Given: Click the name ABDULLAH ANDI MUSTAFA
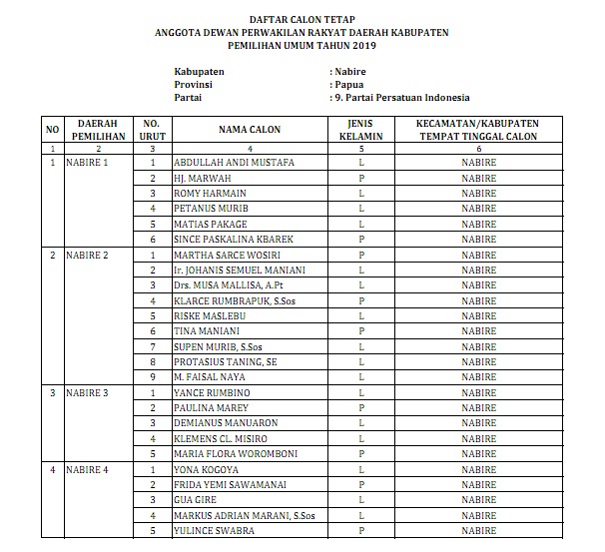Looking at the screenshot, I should [233, 162].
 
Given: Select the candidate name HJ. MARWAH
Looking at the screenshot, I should [198, 178].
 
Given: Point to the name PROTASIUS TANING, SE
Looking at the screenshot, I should [225, 361].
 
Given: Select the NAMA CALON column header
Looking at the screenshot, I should [250, 130].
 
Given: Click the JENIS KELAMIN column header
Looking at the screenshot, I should [359, 130].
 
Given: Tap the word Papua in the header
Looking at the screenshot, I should [349, 85].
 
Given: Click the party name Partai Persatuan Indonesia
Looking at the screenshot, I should [408, 98].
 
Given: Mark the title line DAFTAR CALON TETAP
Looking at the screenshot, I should [302, 19].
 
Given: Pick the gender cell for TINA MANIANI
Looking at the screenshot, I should [359, 331].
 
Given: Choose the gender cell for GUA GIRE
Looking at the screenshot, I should [359, 500].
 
